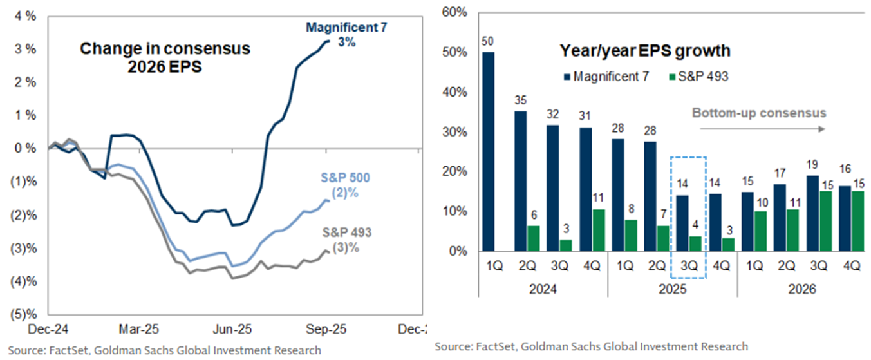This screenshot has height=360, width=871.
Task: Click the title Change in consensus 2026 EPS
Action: click(165, 57)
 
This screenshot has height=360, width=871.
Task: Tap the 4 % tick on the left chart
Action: click(25, 15)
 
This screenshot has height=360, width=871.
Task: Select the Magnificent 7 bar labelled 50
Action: click(489, 151)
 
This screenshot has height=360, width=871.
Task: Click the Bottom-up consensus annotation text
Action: click(758, 113)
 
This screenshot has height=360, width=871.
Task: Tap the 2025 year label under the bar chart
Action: click(672, 290)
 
